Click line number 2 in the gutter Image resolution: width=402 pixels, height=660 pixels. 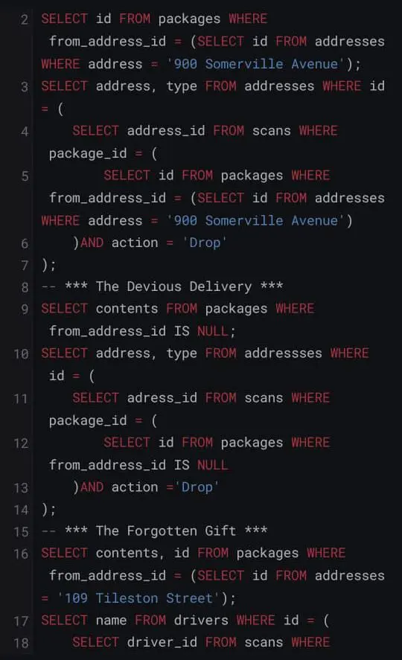tap(25, 19)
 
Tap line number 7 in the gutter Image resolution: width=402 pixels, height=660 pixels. tap(25, 265)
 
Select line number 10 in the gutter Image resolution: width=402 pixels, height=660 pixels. tap(21, 353)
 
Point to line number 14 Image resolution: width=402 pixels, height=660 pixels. tap(21, 510)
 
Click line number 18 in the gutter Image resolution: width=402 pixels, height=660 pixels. tap(21, 643)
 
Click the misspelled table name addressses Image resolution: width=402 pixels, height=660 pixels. tap(283, 353)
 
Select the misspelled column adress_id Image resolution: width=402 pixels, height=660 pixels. tap(162, 398)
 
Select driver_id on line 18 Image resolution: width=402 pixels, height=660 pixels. tap(162, 642)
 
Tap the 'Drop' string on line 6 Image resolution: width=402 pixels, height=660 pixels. tap(205, 243)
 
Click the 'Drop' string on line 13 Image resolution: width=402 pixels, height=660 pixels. tap(197, 487)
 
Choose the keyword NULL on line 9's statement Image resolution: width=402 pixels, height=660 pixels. tap(213, 331)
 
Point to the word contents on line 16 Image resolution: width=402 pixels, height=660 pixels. tap(127, 553)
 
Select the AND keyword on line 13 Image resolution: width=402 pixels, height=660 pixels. tap(92, 487)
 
